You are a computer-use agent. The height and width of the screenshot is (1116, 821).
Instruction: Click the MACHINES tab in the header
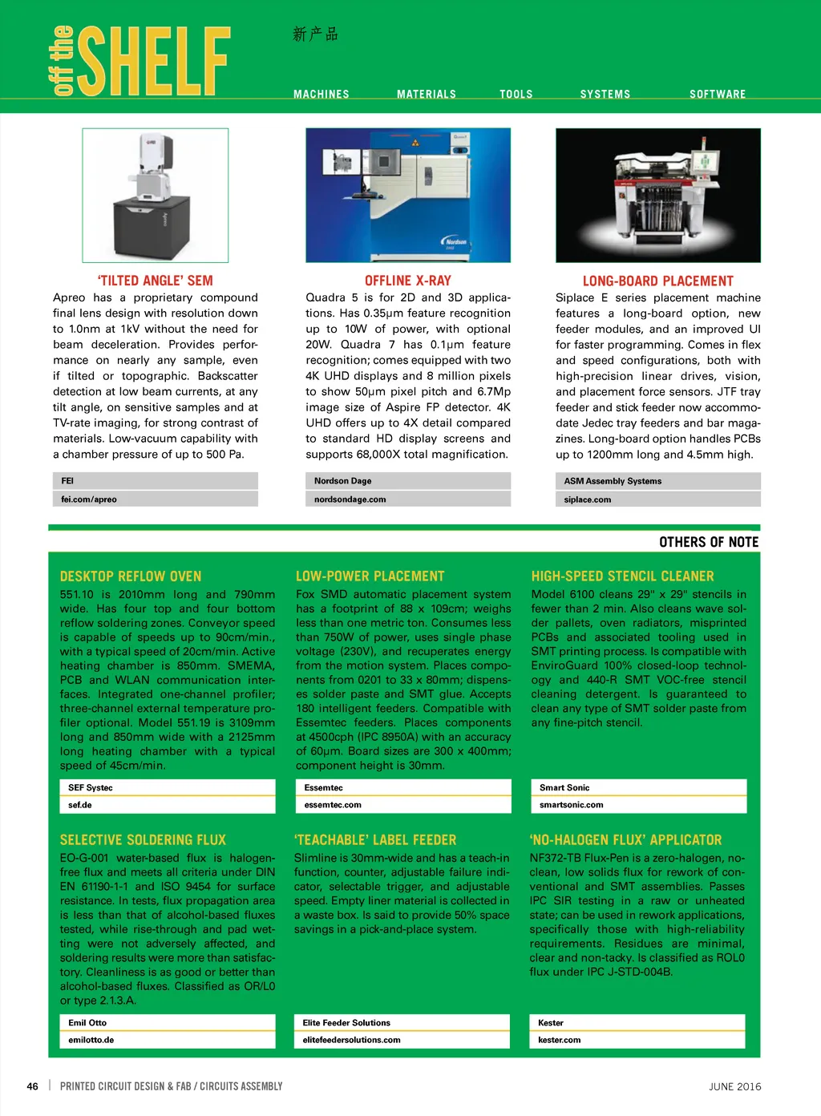(321, 95)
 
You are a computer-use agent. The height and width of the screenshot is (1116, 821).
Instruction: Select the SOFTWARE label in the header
(718, 95)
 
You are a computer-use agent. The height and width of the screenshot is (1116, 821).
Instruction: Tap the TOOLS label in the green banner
(516, 95)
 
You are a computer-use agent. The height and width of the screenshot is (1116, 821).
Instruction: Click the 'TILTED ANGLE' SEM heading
(155, 281)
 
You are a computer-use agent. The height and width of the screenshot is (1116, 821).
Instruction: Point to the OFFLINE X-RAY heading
(407, 281)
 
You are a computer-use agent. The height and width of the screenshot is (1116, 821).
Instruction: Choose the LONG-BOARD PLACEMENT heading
(657, 281)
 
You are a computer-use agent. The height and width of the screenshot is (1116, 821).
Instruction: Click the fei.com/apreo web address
(89, 499)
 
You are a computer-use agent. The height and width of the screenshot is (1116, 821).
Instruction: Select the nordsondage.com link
(350, 499)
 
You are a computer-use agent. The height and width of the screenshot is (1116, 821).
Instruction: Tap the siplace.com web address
(587, 499)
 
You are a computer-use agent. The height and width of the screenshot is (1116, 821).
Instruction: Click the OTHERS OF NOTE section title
(709, 542)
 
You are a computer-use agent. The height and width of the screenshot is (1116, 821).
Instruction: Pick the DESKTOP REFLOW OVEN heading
(131, 576)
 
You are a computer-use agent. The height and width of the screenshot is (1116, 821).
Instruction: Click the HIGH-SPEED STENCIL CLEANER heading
(622, 576)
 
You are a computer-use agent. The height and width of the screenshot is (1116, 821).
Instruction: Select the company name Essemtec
(323, 788)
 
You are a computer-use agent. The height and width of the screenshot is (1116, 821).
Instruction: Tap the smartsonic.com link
(571, 805)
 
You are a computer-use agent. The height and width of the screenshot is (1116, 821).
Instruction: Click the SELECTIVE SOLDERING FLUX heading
(143, 840)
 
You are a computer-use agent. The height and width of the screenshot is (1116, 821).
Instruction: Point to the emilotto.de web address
(91, 1040)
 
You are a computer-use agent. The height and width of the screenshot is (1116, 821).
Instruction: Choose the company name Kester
(550, 1023)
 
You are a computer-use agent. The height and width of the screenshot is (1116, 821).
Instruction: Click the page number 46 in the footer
(32, 1086)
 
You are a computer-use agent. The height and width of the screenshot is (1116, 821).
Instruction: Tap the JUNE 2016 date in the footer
(734, 1087)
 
